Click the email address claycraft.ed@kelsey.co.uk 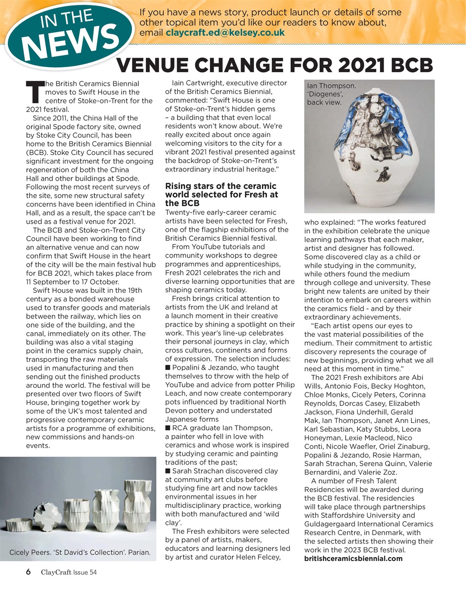[225, 33]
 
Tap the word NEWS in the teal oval [71, 43]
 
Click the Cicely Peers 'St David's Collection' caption [80, 552]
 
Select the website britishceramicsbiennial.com [353, 558]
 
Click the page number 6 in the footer [28, 572]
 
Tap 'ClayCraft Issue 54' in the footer [68, 572]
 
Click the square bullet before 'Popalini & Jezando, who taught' [168, 367]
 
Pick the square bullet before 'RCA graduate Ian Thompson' [168, 428]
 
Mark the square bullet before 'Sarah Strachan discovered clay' [168, 471]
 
